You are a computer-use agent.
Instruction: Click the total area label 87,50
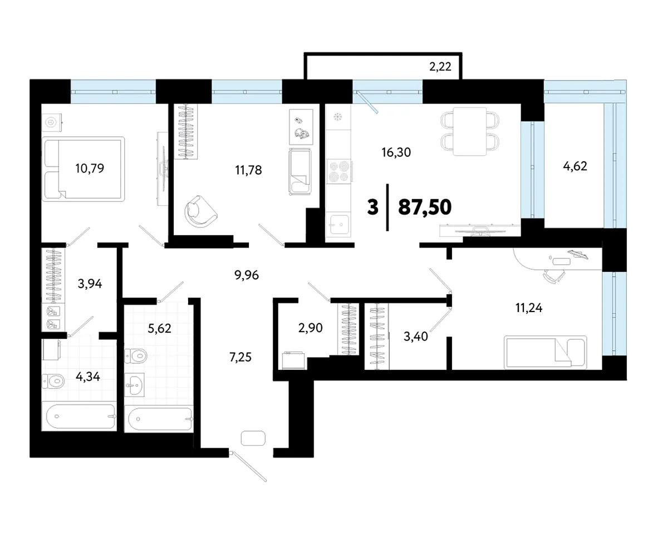tap(425, 207)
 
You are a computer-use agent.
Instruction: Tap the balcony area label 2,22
tap(440, 66)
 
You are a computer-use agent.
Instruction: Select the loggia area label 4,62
tap(575, 166)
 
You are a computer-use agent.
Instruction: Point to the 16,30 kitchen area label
tap(396, 152)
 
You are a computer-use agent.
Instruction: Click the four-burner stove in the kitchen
tap(338, 171)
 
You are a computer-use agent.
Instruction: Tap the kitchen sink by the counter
tap(338, 226)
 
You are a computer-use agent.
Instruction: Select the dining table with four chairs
tap(470, 131)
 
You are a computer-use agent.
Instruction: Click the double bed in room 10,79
tap(84, 169)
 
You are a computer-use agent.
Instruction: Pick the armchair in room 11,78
tap(200, 211)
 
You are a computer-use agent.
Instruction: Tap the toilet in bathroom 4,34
tap(53, 382)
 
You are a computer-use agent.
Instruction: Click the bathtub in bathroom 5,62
tap(159, 418)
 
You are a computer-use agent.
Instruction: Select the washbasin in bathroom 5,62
tap(135, 384)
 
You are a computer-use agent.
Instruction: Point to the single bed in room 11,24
tap(546, 352)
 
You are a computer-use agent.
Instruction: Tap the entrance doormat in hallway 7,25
tap(253, 438)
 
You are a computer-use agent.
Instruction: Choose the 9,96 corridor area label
tap(247, 275)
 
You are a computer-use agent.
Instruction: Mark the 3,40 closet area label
tap(416, 336)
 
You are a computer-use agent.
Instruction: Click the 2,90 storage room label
tap(311, 328)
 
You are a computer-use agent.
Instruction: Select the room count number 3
tap(372, 207)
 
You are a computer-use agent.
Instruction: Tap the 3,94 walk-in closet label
tap(90, 284)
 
